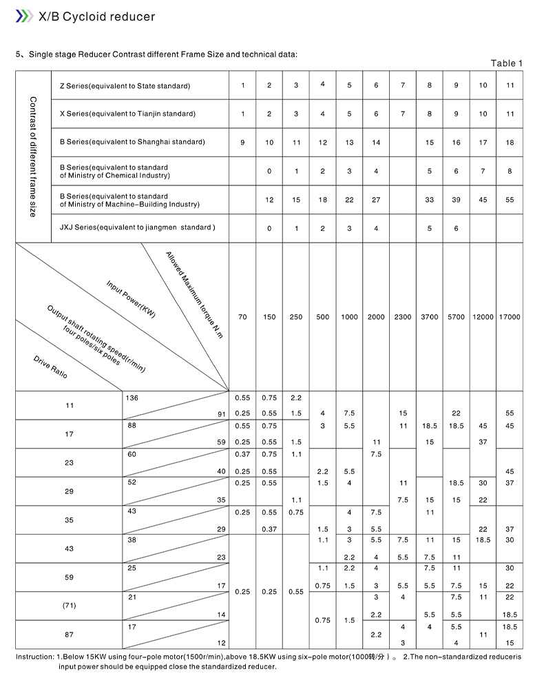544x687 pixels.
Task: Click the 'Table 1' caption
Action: [x=506, y=63]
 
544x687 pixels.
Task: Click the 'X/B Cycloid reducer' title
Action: [x=96, y=17]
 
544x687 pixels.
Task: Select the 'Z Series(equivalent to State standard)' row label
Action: [x=125, y=86]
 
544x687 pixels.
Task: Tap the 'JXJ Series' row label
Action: [x=137, y=228]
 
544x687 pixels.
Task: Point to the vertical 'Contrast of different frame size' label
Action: [x=32, y=156]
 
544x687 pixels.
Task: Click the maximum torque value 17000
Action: [x=510, y=317]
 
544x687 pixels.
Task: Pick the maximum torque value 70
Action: [x=242, y=317]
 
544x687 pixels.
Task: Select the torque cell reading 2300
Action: [x=403, y=317]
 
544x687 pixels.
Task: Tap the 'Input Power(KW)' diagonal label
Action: [x=131, y=298]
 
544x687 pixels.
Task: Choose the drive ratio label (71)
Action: [x=69, y=606]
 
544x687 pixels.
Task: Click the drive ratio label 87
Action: [x=69, y=634]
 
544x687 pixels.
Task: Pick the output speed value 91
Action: [x=220, y=413]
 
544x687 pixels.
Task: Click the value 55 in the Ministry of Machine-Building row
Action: [x=510, y=200]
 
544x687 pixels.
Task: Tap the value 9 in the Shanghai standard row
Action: [x=242, y=143]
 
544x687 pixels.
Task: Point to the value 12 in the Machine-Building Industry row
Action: [x=269, y=200]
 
